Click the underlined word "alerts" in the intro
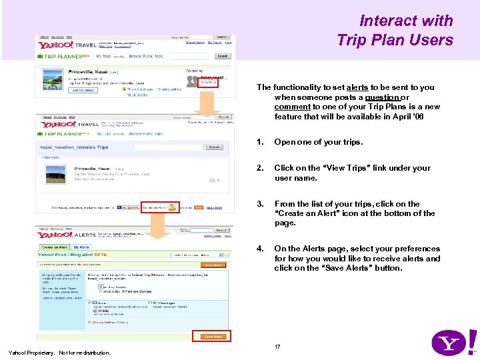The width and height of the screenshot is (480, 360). tap(357, 87)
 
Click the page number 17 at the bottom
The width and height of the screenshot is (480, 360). tap(277, 347)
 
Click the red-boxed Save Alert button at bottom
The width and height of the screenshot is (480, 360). tap(213, 337)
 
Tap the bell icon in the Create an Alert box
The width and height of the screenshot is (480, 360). tap(171, 207)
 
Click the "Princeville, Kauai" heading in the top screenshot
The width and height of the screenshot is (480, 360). tap(85, 71)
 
